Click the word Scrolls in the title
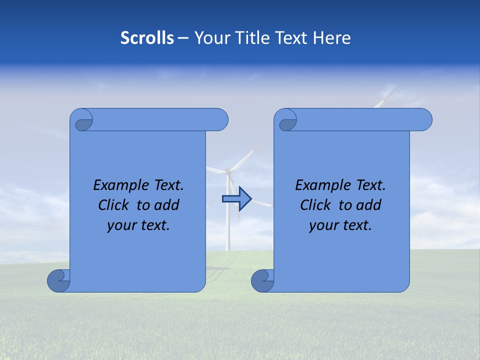[147, 37]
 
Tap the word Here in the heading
[331, 37]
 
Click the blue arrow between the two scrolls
[236, 198]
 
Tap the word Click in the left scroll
[113, 205]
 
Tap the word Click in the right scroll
[315, 205]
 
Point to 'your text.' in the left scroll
[138, 225]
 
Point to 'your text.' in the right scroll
[340, 225]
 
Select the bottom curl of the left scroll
[58, 280]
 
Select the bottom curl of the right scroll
[262, 280]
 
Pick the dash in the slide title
[183, 37]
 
